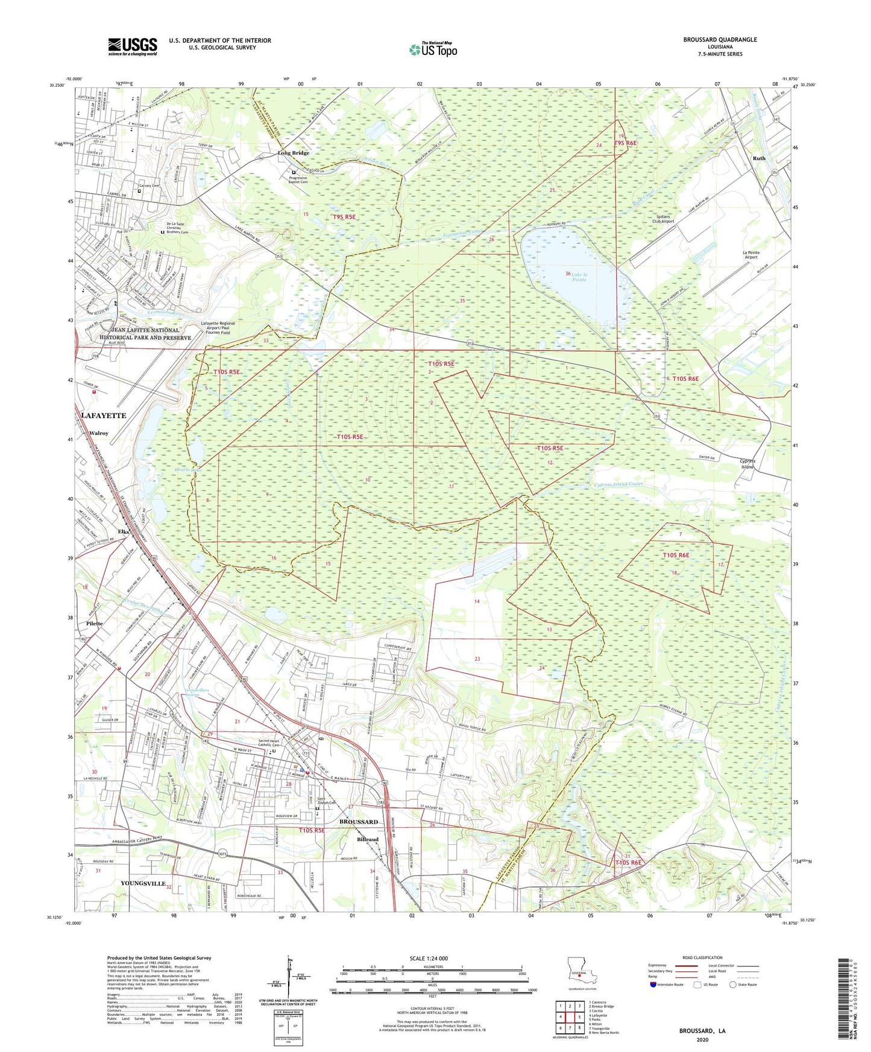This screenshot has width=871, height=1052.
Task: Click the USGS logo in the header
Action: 133,46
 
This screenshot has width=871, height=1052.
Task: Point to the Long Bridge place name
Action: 293,153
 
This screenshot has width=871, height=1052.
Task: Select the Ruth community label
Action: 759,158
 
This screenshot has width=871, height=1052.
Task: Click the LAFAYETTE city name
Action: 103,416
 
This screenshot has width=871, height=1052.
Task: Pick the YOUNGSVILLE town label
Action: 143,883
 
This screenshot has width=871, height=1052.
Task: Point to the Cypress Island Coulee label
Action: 618,484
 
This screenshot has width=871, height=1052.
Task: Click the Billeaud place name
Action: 368,839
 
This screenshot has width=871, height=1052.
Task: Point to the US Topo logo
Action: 432,49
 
